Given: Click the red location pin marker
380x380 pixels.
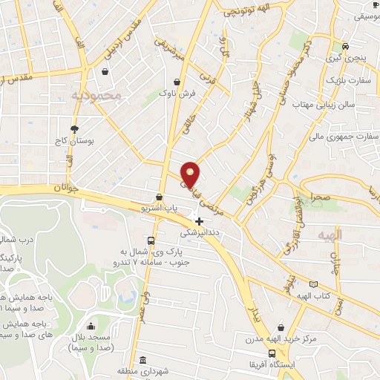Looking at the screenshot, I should coord(191,174).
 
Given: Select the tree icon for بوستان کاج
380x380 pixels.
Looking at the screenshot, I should coord(73,128).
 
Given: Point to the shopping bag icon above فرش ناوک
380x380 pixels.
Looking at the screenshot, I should coord(177,82).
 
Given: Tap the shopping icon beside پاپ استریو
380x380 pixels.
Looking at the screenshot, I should coord(159,197).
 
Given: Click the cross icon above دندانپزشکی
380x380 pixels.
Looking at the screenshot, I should coord(199,220).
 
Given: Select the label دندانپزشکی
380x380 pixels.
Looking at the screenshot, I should coord(199,232).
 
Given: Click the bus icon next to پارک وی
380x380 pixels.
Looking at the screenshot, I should coord(151,240).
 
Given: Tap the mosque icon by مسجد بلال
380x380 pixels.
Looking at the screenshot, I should coord(91,326).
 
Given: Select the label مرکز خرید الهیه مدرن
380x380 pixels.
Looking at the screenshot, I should coord(280,339).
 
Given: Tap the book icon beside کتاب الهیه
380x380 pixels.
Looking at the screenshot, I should coord(312,284).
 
